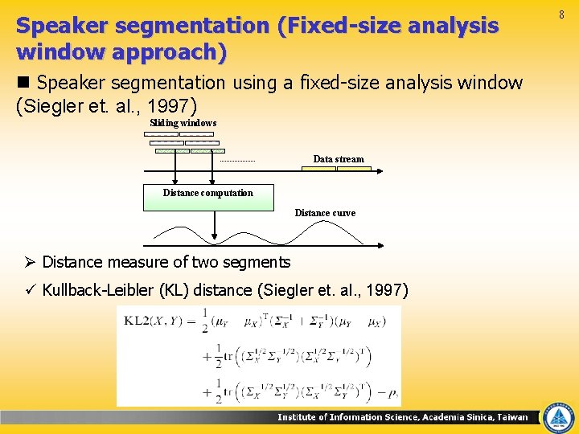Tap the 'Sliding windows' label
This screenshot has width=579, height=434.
(x=183, y=123)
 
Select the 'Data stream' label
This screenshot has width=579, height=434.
(x=338, y=159)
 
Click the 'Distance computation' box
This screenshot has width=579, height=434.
(x=208, y=197)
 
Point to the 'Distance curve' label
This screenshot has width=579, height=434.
(x=325, y=213)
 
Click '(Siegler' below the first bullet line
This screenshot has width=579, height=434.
(x=49, y=104)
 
